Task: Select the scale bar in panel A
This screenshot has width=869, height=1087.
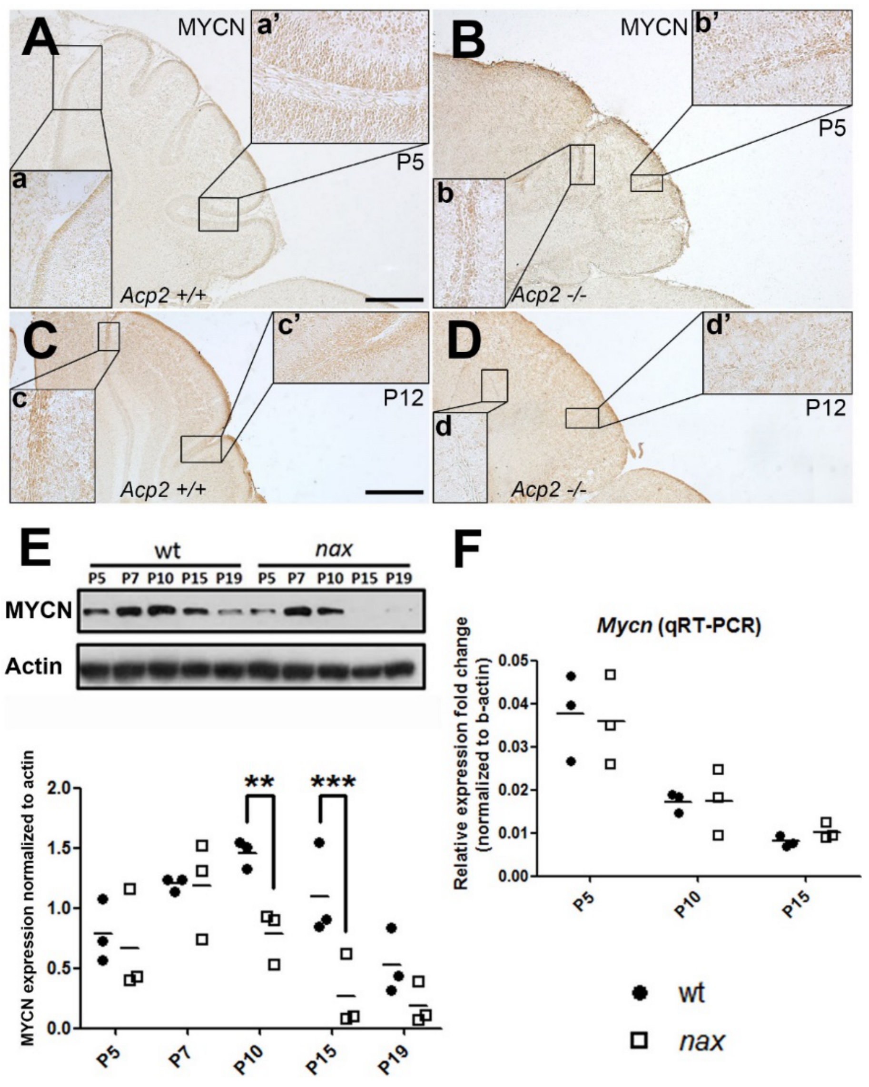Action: [394, 299]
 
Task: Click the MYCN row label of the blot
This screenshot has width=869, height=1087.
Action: [38, 611]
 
